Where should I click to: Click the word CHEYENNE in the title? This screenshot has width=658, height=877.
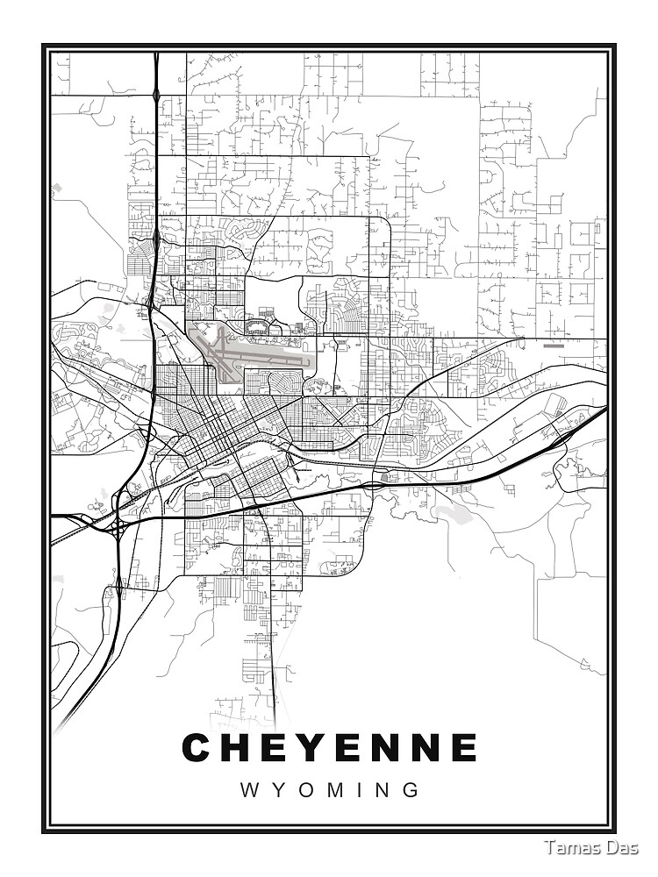click(x=329, y=748)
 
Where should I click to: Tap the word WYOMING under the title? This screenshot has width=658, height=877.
click(x=329, y=789)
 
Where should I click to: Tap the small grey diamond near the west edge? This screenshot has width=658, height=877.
click(x=58, y=187)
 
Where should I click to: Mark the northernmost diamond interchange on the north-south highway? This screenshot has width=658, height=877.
click(x=155, y=92)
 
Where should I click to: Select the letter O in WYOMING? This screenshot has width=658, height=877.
click(x=303, y=789)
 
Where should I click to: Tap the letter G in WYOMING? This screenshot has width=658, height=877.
click(x=410, y=789)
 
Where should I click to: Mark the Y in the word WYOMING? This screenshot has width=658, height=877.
click(x=276, y=789)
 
